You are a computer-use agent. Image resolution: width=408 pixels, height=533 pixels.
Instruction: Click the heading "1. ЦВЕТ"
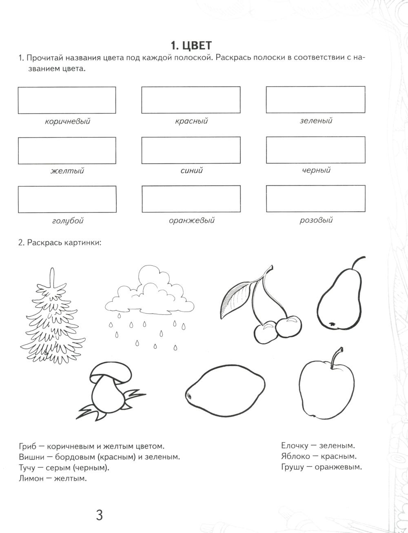(x=191, y=44)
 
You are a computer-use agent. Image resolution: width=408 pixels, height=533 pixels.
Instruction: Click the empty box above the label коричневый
(x=67, y=100)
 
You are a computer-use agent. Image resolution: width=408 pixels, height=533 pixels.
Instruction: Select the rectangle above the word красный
(x=191, y=100)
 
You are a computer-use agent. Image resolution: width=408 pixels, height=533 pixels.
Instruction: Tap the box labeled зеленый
(x=315, y=100)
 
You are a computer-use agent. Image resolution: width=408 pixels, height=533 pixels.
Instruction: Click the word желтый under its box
(x=67, y=171)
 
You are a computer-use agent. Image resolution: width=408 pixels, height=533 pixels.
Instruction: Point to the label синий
(x=191, y=170)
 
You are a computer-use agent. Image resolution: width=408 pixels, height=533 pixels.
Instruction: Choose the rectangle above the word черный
(x=315, y=150)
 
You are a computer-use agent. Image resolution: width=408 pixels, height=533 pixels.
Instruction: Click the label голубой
(x=68, y=221)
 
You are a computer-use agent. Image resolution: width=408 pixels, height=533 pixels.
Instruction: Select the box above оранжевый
(x=191, y=199)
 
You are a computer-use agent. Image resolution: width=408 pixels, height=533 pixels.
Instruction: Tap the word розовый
(x=316, y=220)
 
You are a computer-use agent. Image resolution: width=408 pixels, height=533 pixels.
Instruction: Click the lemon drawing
(x=225, y=391)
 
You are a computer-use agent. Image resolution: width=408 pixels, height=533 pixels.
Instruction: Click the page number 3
(x=99, y=515)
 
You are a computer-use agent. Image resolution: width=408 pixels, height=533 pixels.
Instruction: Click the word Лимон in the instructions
(x=31, y=478)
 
